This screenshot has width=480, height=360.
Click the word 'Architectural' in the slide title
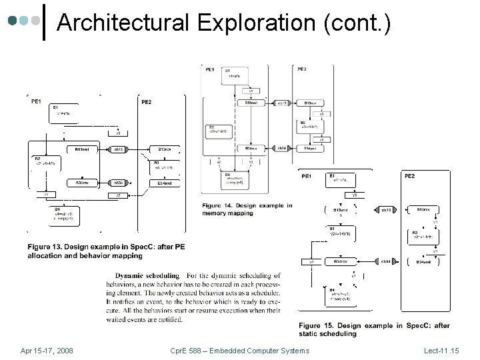(x=123, y=23)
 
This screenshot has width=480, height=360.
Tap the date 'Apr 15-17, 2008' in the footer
(x=47, y=351)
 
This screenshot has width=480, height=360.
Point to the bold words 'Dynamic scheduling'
(x=147, y=275)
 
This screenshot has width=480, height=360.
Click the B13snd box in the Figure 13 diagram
(x=82, y=149)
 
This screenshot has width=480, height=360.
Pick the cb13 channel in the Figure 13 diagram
(x=119, y=149)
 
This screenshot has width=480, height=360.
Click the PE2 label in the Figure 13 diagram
(x=146, y=102)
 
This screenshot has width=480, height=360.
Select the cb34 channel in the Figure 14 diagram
(x=282, y=148)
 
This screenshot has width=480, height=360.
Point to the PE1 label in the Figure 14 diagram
(x=210, y=69)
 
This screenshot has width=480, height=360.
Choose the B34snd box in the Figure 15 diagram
(x=424, y=262)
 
